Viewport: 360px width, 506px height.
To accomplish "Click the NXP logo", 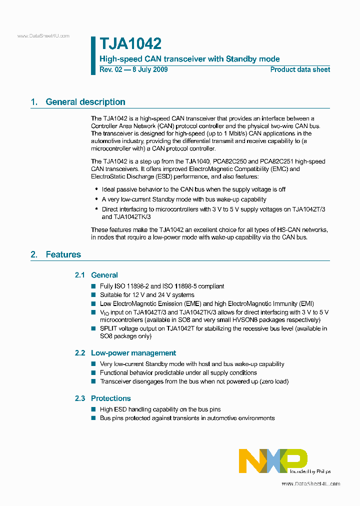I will click(272, 460).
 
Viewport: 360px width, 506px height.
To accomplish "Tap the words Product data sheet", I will click(300, 69).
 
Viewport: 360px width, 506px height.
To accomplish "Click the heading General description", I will click(85, 102).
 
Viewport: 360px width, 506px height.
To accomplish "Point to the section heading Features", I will click(63, 254).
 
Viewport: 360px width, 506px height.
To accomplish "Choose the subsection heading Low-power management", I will click(133, 353).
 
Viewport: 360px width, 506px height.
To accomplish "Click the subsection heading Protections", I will click(111, 398).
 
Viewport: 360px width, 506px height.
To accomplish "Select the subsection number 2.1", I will click(80, 275).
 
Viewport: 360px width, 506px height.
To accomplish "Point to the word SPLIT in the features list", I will click(108, 328).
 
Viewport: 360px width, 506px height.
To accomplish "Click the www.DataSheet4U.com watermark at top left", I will click(43, 36).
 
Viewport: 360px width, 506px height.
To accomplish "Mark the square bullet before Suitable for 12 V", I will click(93, 295).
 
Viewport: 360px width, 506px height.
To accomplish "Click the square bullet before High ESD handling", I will click(93, 409).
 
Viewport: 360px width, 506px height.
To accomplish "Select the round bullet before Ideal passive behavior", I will click(96, 190).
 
